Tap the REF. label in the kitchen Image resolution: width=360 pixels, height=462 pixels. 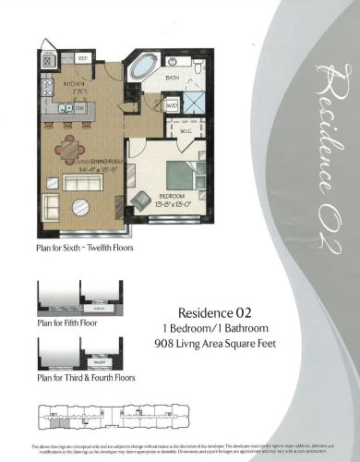83,58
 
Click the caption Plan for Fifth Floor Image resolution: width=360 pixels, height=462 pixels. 66,323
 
